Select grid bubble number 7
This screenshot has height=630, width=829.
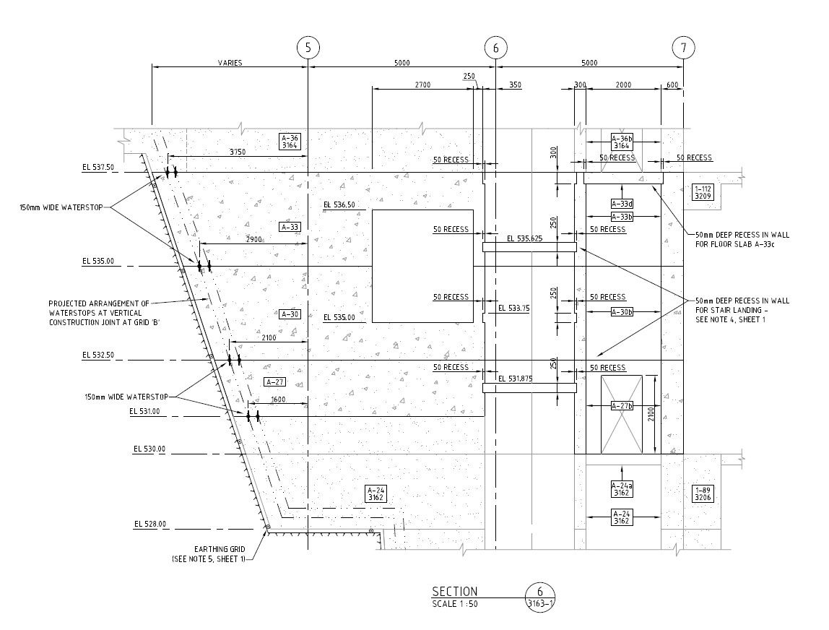click(x=683, y=48)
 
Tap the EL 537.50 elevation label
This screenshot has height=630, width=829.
click(x=98, y=168)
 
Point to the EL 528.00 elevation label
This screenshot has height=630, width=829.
click(x=149, y=524)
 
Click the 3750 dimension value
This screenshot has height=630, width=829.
click(x=230, y=152)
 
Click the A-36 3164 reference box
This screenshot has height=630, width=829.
click(x=290, y=141)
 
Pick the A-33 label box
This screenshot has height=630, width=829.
click(x=290, y=227)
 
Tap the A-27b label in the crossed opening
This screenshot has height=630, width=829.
click(x=621, y=405)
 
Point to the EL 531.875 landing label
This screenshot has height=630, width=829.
click(x=520, y=378)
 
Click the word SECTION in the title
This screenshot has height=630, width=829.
click(x=454, y=592)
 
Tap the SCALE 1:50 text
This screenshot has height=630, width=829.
click(x=454, y=604)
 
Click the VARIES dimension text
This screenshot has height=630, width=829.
click(x=230, y=63)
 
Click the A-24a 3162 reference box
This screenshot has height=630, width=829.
click(x=621, y=488)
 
